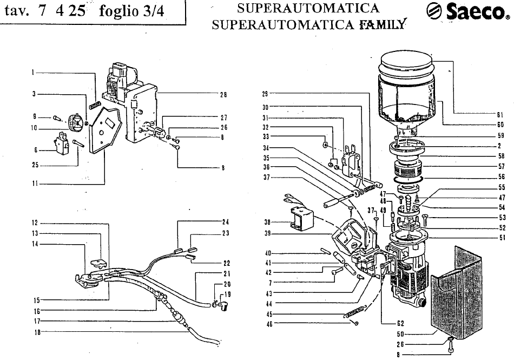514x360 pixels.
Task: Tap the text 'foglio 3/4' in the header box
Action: pyautogui.click(x=131, y=11)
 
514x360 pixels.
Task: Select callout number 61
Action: pyautogui.click(x=500, y=115)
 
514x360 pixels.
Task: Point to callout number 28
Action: pyautogui.click(x=223, y=94)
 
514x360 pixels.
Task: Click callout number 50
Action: pyautogui.click(x=400, y=335)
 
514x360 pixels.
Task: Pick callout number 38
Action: pyautogui.click(x=267, y=222)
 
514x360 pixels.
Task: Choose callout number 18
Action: pyautogui.click(x=37, y=332)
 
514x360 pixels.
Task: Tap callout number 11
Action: pyautogui.click(x=35, y=184)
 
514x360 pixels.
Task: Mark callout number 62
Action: pyautogui.click(x=400, y=324)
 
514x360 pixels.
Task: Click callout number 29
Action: pyautogui.click(x=265, y=94)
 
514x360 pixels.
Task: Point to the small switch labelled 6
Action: pyautogui.click(x=61, y=141)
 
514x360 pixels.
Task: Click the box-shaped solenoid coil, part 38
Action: pyautogui.click(x=301, y=218)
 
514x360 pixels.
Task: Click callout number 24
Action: pyautogui.click(x=226, y=222)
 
